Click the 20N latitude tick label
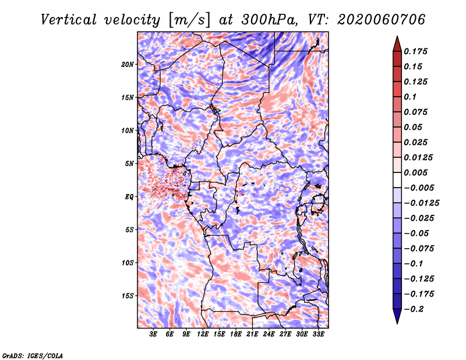(128, 64)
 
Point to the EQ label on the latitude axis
(129, 197)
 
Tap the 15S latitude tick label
(128, 296)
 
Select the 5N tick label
(129, 164)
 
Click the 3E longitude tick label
(153, 334)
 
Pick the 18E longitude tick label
(236, 334)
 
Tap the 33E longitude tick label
(318, 334)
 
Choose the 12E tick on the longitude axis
(203, 334)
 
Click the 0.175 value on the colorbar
(415, 51)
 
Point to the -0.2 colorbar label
(414, 309)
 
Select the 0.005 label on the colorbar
(415, 172)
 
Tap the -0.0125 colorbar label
(421, 203)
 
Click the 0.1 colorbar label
(410, 97)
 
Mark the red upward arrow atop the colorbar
(397, 44)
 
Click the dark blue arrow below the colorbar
(397, 316)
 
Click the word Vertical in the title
(69, 20)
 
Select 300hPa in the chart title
(269, 20)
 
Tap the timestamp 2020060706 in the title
(381, 20)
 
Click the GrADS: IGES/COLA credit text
(33, 356)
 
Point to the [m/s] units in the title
(189, 20)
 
